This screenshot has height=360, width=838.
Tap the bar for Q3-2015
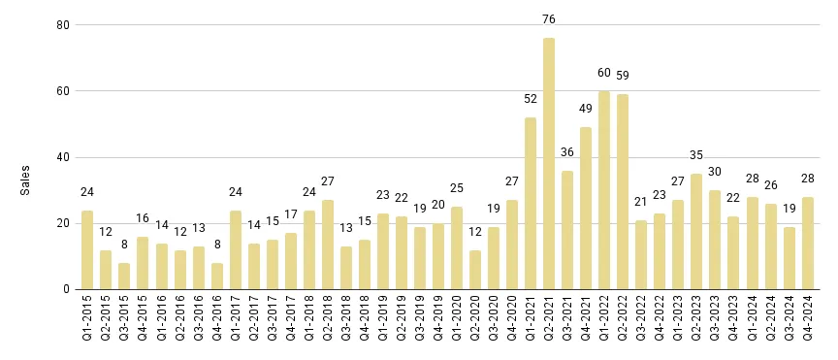tap(124, 277)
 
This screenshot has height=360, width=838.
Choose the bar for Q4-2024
tap(807, 244)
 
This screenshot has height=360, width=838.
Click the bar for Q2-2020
tap(475, 270)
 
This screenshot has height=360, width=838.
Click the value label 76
tap(549, 19)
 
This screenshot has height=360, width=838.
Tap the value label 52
tap(531, 99)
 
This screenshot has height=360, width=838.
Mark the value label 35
tap(696, 155)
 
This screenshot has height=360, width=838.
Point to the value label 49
tap(586, 109)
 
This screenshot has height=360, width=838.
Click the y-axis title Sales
tap(26, 179)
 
